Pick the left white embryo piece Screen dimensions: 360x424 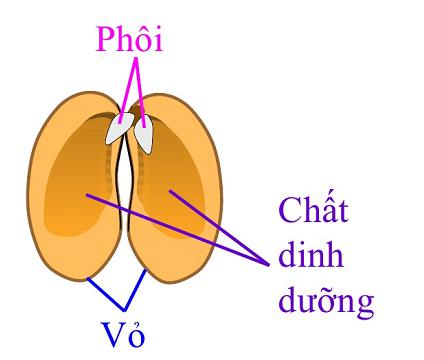(x=119, y=129)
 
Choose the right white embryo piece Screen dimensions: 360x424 (x=146, y=134)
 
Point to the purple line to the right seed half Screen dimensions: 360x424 (x=221, y=225)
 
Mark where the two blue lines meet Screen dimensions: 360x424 (x=123, y=307)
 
